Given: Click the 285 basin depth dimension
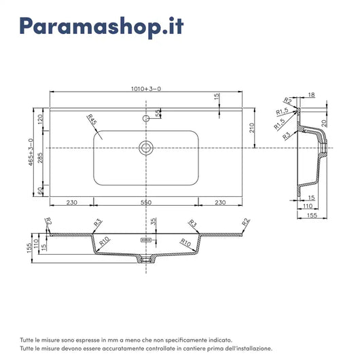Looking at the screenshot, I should click(x=40, y=158).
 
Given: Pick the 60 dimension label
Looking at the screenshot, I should click(x=40, y=192).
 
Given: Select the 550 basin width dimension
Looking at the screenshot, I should click(x=145, y=202).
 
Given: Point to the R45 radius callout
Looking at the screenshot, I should click(x=92, y=123).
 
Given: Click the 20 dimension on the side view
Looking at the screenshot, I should click(x=325, y=122).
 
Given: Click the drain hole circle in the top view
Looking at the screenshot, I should click(x=145, y=147).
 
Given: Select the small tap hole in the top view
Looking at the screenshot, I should click(x=145, y=118).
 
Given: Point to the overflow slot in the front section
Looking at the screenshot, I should click(x=145, y=240).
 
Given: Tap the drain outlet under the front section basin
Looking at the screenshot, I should click(x=145, y=259).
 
